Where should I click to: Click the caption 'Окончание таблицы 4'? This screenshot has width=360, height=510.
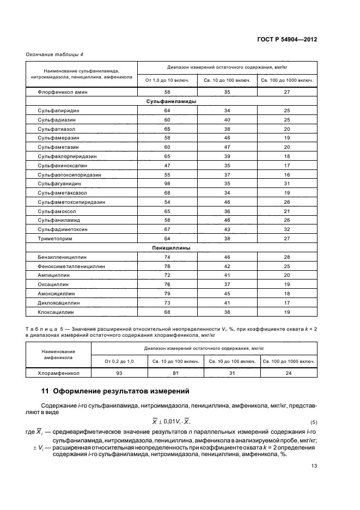[55, 53]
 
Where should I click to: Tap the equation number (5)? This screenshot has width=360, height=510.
[314, 423]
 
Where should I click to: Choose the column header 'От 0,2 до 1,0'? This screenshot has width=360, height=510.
[119, 361]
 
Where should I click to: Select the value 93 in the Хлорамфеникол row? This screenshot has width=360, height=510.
[119, 373]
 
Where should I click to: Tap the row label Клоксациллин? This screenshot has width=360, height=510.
[56, 312]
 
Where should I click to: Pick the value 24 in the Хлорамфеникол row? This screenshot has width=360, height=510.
[288, 373]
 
